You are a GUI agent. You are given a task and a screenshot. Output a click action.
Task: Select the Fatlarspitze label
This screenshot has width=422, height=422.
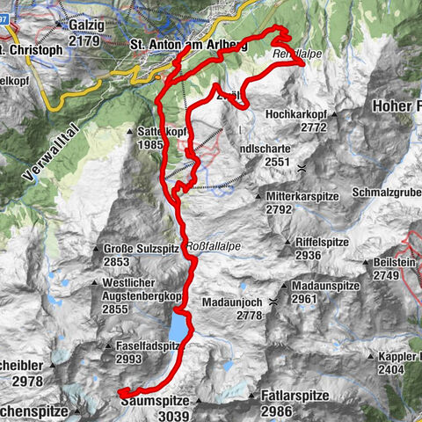pos(295,397)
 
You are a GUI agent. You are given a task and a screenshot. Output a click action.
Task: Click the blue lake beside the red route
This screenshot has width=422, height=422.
pos(180,328)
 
